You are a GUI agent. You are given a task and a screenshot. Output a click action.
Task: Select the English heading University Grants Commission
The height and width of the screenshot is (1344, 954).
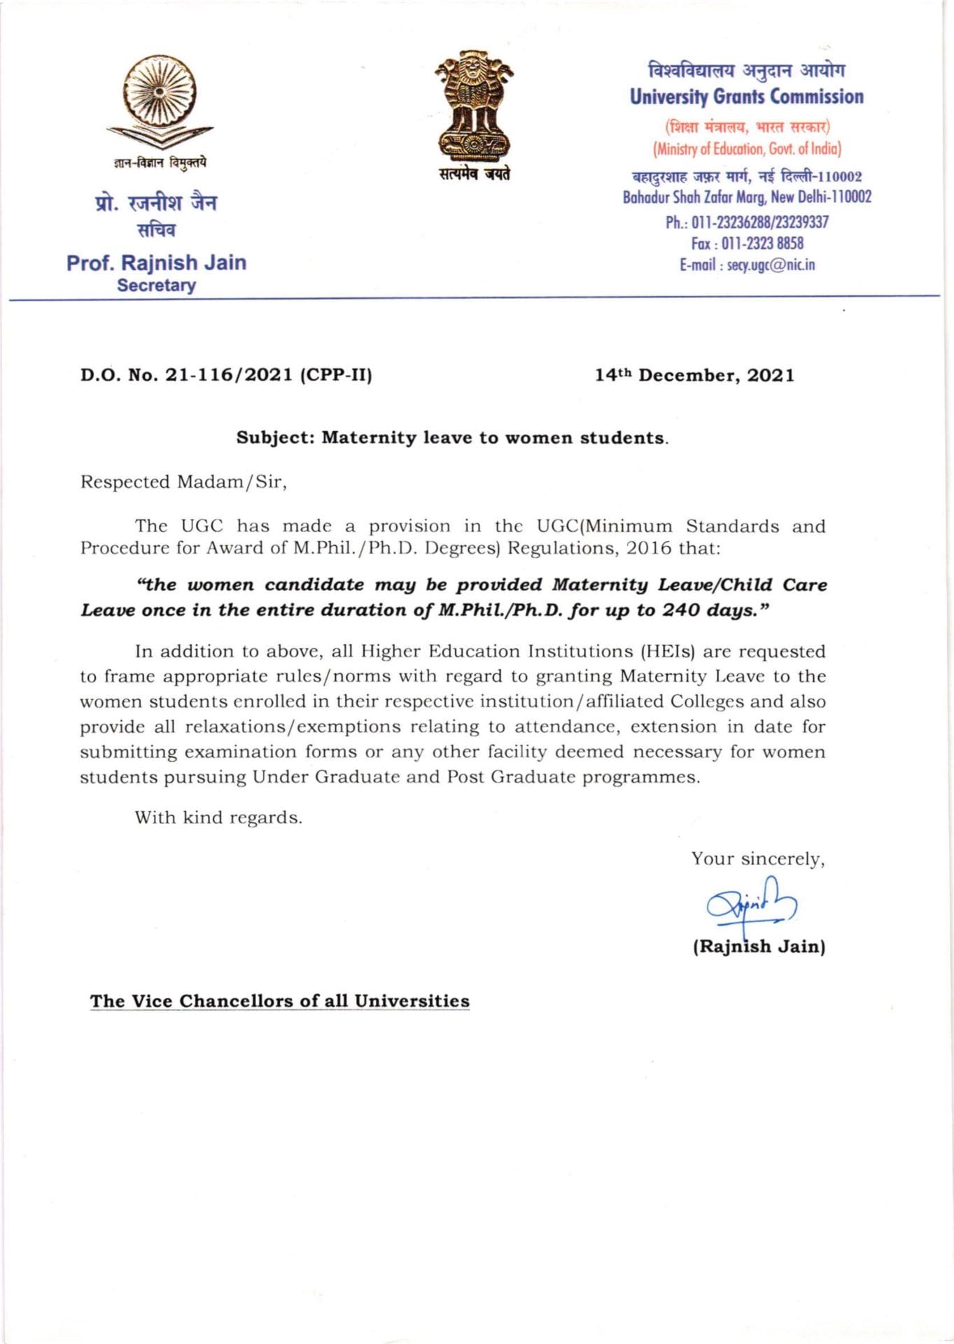tap(746, 97)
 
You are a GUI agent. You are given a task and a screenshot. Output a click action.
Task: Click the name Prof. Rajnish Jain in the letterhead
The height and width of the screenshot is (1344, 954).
tap(156, 262)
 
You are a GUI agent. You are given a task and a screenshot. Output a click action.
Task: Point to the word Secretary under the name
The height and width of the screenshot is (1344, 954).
tap(156, 286)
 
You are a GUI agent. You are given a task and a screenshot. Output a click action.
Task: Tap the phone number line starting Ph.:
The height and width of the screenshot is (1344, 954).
tap(747, 223)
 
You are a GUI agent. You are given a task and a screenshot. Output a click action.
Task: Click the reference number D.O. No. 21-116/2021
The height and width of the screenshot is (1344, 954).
tap(225, 375)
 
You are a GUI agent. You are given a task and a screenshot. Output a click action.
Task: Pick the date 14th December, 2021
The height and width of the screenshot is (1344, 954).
tap(694, 375)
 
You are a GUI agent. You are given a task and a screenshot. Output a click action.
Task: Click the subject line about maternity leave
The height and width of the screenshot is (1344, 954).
tap(452, 438)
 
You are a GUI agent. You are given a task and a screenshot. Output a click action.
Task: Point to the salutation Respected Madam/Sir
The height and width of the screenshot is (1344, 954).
tap(183, 482)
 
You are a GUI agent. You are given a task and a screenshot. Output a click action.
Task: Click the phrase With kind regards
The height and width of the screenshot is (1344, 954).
tap(218, 818)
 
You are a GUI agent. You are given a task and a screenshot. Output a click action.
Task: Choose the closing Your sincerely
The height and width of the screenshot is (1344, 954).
tap(758, 859)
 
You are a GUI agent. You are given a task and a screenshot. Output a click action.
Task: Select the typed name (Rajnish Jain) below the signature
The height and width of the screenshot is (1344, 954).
tap(759, 947)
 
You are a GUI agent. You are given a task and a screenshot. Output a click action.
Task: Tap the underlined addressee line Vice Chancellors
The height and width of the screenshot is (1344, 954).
tap(279, 1001)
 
